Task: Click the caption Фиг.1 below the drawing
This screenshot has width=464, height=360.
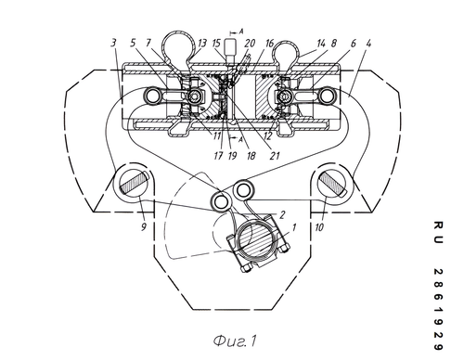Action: tap(235, 341)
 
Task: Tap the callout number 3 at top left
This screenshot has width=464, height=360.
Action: tap(114, 43)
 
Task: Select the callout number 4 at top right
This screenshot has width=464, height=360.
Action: tap(368, 43)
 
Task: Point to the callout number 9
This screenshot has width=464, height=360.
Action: tap(144, 227)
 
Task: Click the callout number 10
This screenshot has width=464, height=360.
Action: tap(319, 227)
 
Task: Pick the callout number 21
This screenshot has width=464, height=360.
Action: tap(275, 155)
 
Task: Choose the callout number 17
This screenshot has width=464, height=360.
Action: tap(218, 155)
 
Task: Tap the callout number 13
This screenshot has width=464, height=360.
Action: tap(201, 43)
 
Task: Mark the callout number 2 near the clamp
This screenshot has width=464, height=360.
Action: tap(281, 214)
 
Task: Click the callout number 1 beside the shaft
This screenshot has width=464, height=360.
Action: tap(294, 227)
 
